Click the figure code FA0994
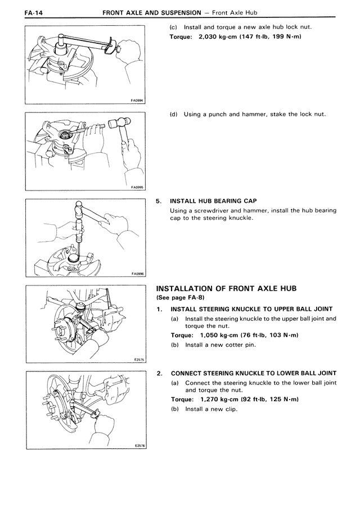click(x=136, y=102)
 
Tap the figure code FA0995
click(x=136, y=188)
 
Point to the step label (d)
click(x=173, y=114)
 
